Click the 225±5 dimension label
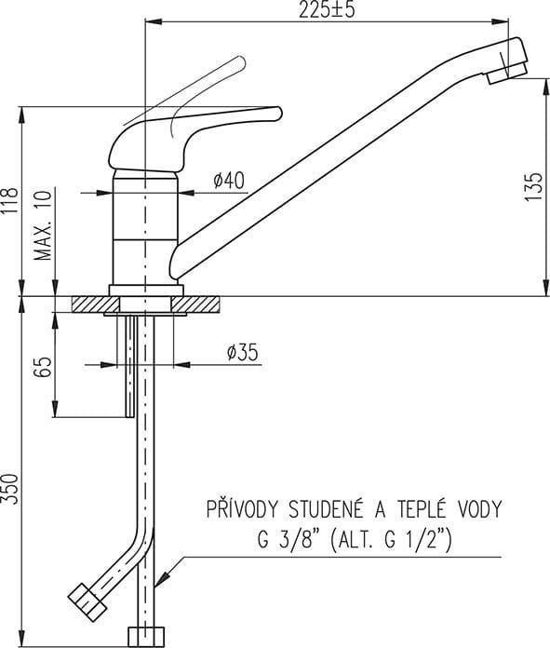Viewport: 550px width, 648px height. tap(327, 9)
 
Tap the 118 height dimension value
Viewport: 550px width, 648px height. tap(10, 200)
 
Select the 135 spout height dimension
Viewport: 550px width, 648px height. tap(534, 187)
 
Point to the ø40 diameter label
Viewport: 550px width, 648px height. tap(229, 181)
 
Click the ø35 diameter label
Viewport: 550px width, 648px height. tap(243, 352)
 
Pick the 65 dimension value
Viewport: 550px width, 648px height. tap(44, 367)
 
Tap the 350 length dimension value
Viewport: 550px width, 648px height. tap(10, 489)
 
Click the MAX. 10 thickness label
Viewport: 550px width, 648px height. tap(44, 225)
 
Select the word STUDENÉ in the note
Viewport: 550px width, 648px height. tap(326, 508)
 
